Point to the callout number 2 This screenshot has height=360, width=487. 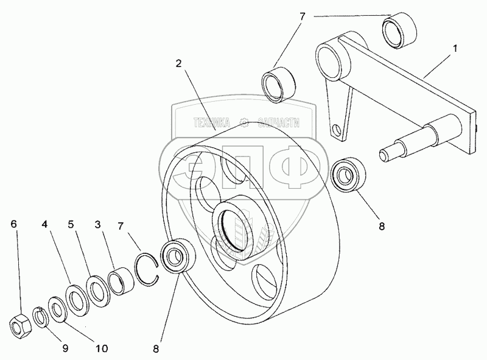click(179, 64)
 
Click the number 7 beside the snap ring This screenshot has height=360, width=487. click(123, 227)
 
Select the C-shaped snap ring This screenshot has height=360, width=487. click(147, 269)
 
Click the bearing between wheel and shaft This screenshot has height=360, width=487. click(349, 175)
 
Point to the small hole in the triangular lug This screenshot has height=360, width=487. click(334, 130)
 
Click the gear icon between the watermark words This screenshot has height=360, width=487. click(245, 123)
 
